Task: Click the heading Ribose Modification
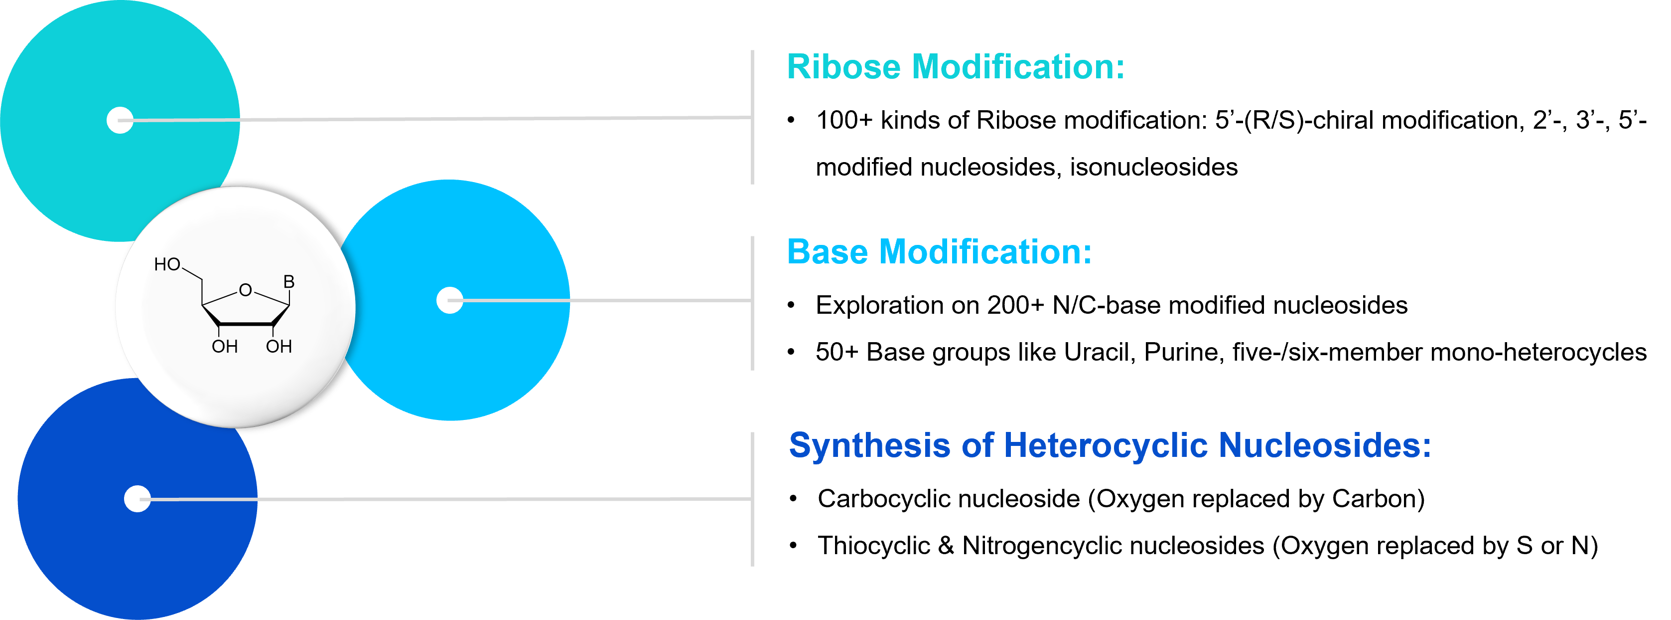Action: click(x=956, y=67)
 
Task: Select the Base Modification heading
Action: click(x=939, y=252)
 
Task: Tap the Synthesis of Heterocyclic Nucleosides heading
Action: click(x=1110, y=446)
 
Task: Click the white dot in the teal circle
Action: click(x=120, y=120)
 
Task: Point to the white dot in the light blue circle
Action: click(x=449, y=300)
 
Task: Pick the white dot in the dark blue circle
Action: click(x=138, y=499)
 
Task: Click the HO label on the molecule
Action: click(x=167, y=264)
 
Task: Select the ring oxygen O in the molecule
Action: click(x=245, y=290)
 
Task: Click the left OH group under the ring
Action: click(x=224, y=347)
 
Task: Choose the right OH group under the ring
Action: click(x=279, y=347)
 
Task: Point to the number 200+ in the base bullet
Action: click(x=1015, y=305)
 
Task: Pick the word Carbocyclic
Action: click(x=883, y=499)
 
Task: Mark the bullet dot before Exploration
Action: click(x=791, y=306)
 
